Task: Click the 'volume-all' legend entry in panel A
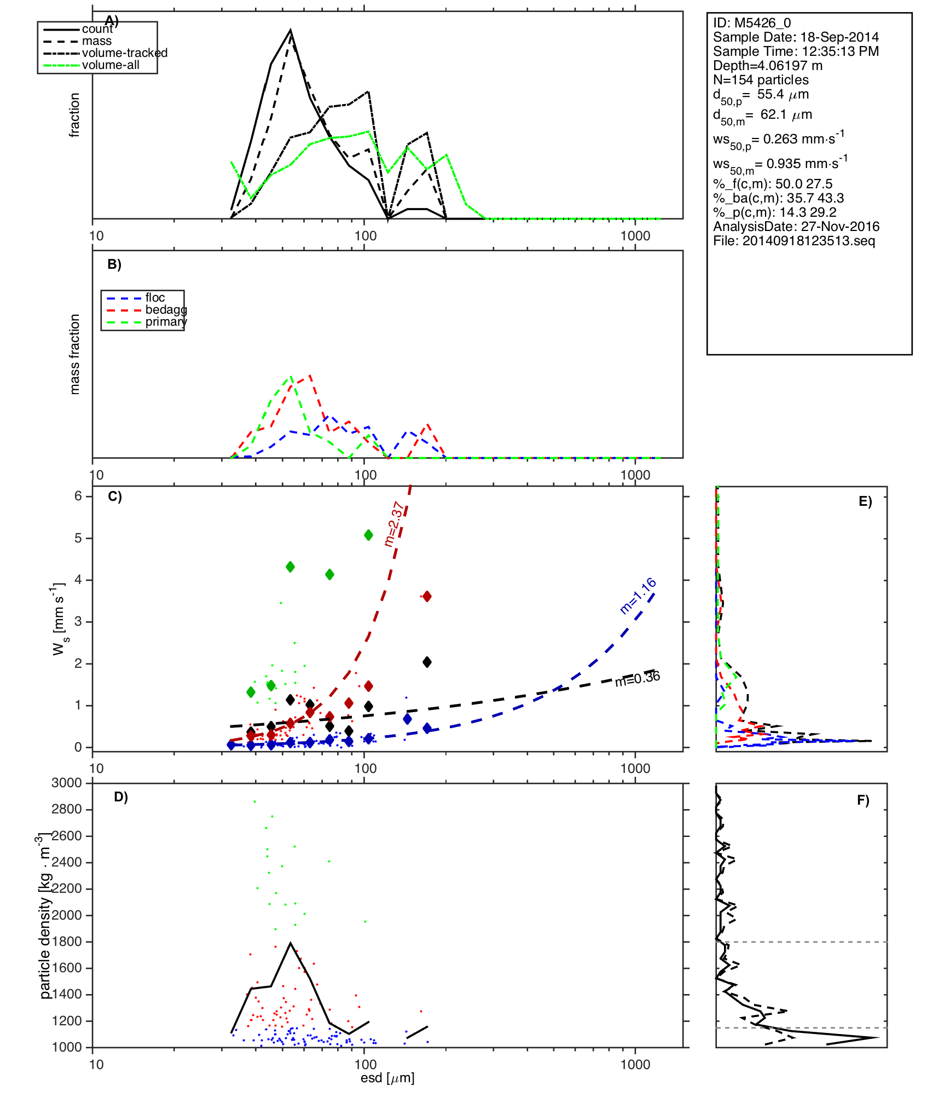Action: point(110,65)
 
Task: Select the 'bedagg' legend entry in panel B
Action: point(166,310)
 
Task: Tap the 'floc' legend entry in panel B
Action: point(155,298)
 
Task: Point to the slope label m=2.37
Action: point(395,524)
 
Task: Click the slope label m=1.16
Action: point(638,596)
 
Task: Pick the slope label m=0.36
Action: point(638,679)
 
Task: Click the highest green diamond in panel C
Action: point(368,535)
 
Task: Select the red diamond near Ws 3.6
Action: point(427,596)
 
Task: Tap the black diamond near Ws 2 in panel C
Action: point(427,662)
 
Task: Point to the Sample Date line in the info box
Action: point(796,37)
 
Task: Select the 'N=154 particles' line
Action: point(761,80)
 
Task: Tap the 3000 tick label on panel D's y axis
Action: point(67,783)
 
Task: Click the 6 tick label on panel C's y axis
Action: point(78,496)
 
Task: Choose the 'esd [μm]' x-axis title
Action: point(387,1078)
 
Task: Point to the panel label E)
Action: point(865,501)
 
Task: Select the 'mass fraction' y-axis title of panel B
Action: point(75,354)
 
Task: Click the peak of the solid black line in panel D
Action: point(291,943)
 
